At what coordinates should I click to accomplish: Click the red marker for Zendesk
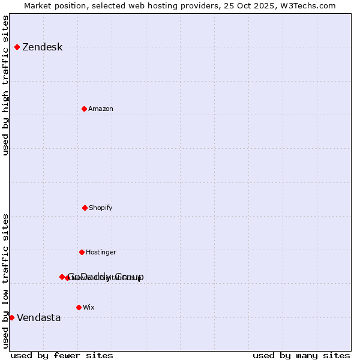[x=17, y=47]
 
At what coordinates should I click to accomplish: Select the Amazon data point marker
[x=84, y=109]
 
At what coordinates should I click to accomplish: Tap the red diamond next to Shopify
[x=85, y=208]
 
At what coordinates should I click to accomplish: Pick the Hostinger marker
[x=82, y=252]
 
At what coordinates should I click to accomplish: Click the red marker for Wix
[x=79, y=307]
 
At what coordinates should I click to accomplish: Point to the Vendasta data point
[x=11, y=317]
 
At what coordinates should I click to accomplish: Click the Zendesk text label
[x=42, y=47]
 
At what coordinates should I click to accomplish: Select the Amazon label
[x=101, y=109]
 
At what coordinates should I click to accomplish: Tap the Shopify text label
[x=101, y=208]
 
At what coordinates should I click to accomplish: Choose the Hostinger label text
[x=101, y=252]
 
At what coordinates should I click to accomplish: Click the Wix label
[x=89, y=307]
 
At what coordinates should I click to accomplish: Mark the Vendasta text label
[x=38, y=317]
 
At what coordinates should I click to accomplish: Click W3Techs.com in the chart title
[x=307, y=5]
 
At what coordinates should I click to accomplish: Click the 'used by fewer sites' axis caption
[x=62, y=355]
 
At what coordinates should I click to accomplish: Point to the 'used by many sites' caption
[x=301, y=355]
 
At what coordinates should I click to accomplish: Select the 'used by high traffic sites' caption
[x=5, y=85]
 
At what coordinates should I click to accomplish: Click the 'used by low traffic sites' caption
[x=5, y=281]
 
